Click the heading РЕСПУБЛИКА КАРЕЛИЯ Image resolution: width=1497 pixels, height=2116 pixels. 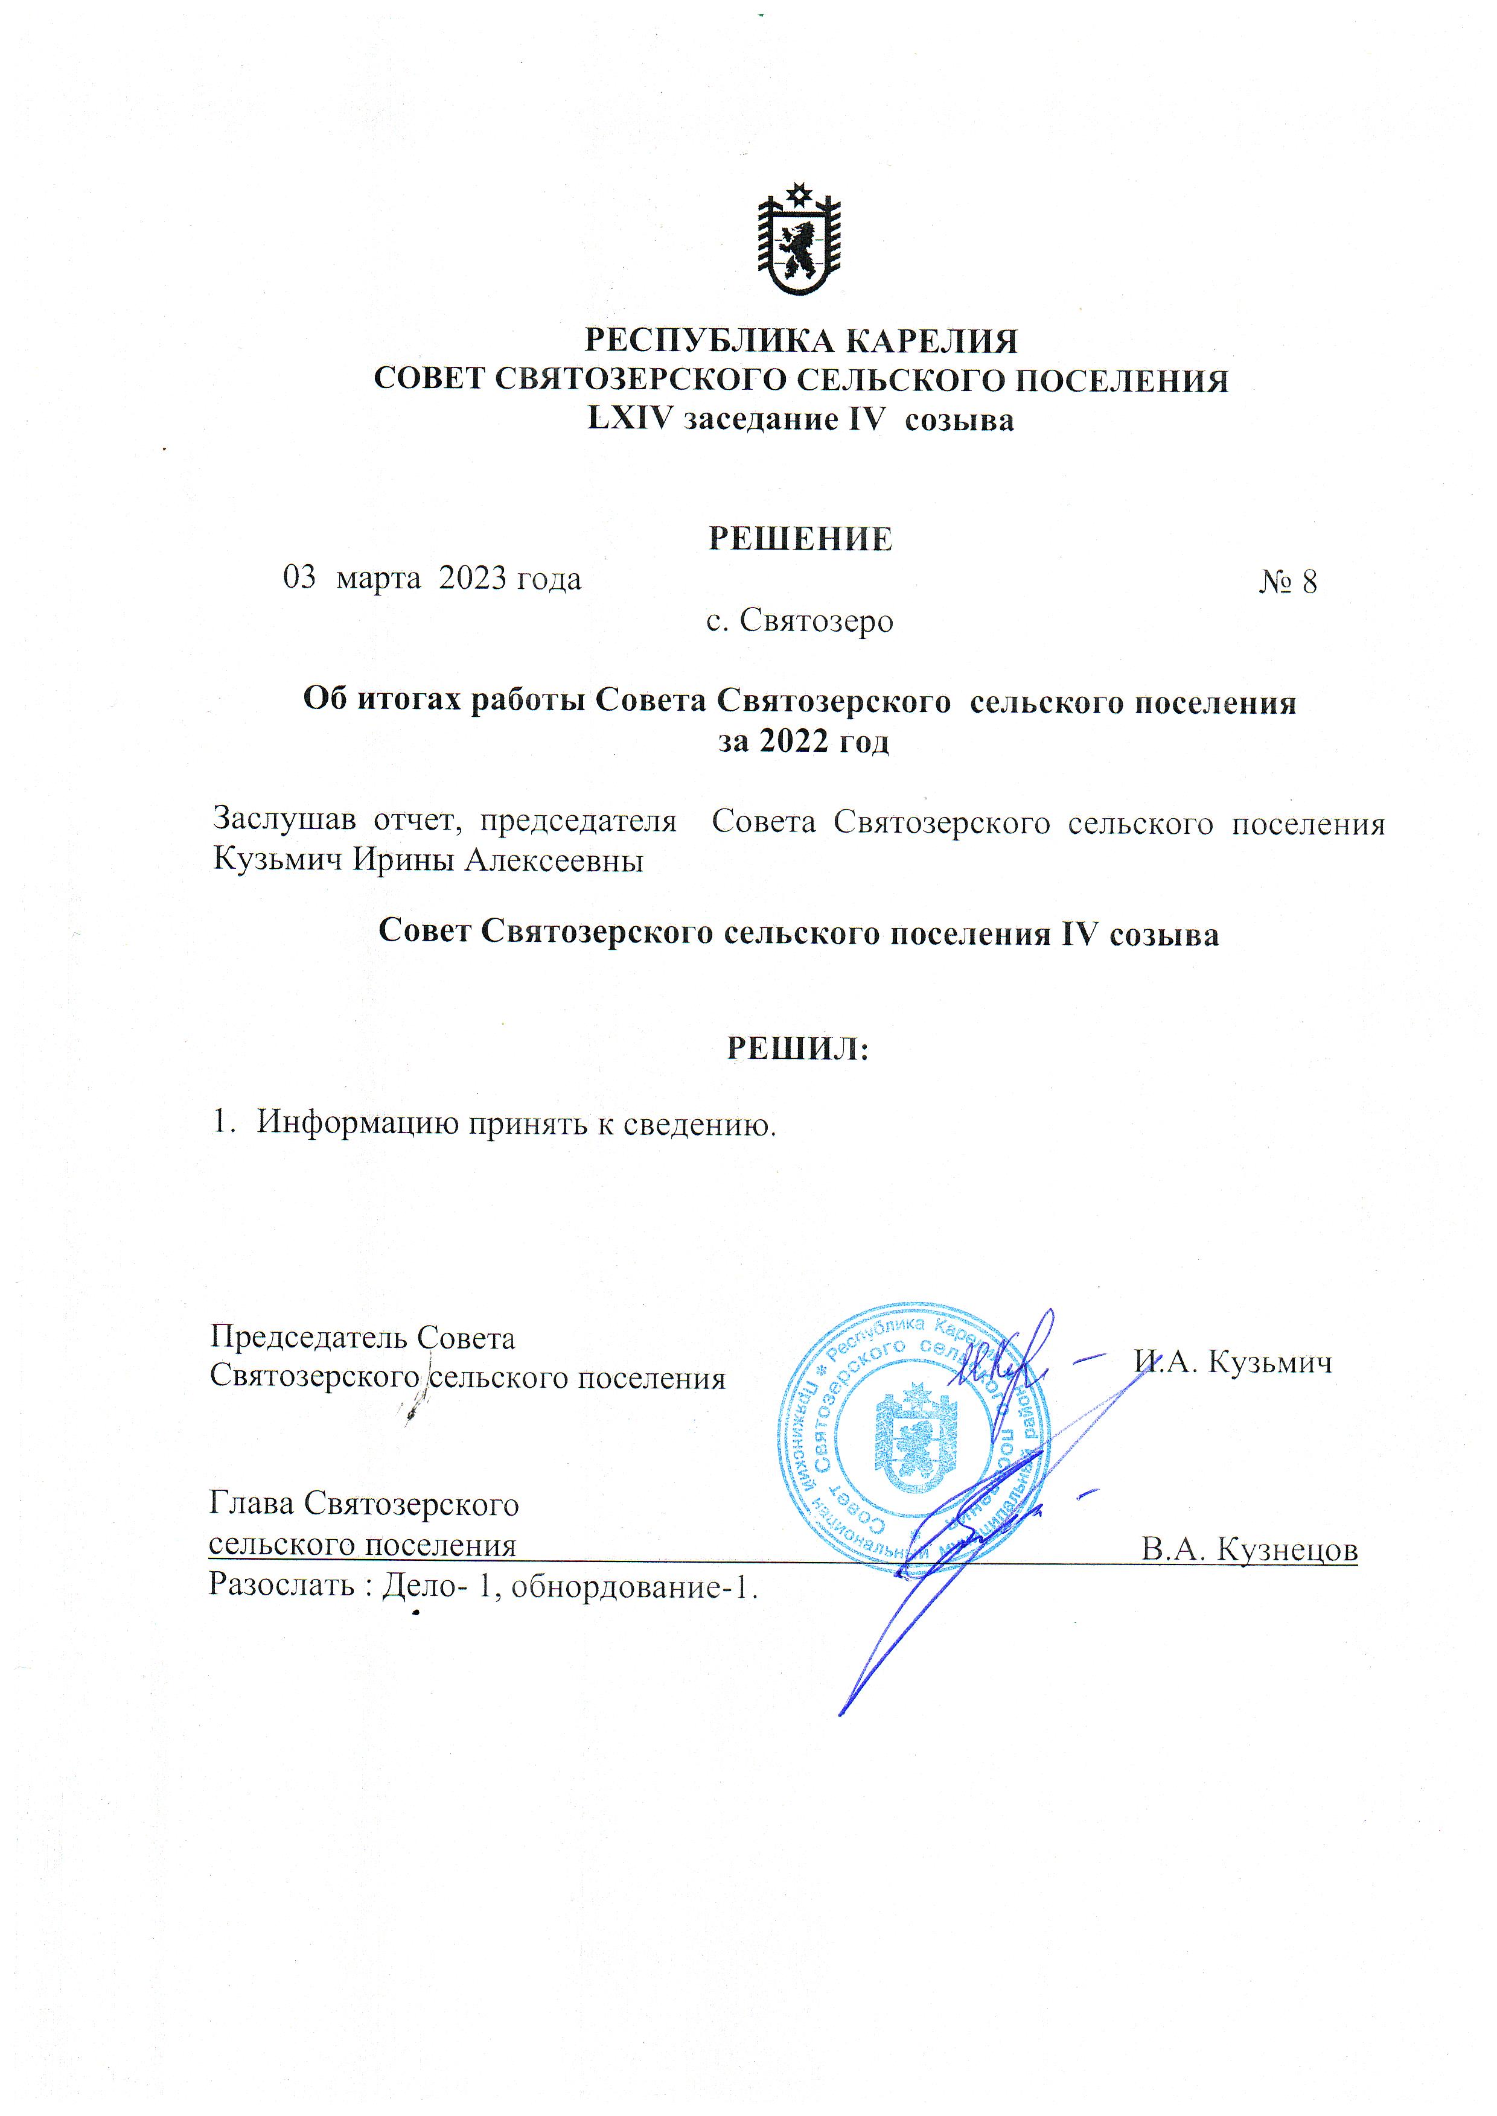pyautogui.click(x=801, y=341)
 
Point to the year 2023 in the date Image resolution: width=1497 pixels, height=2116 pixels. pyautogui.click(x=472, y=579)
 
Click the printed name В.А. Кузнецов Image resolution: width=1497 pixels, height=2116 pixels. pyautogui.click(x=1249, y=1550)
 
